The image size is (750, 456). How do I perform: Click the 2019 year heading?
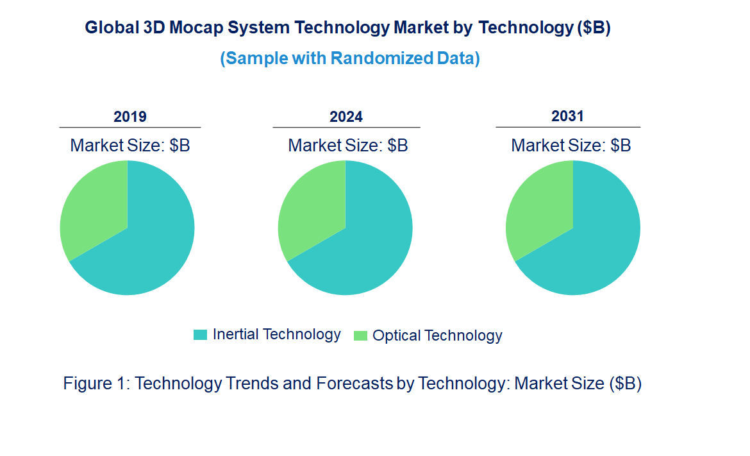[130, 117]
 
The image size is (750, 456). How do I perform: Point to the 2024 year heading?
[346, 117]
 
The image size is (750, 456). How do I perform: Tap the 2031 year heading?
[567, 116]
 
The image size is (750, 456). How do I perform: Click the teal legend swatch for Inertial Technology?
[201, 335]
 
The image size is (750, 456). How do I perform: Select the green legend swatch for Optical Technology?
[360, 335]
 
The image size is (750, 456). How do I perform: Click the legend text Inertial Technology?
[276, 334]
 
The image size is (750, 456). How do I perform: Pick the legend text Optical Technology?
[437, 335]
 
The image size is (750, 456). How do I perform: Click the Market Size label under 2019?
[130, 146]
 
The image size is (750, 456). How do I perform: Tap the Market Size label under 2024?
[348, 146]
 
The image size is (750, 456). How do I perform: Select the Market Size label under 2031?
[571, 146]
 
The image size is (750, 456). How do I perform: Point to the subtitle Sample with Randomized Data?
[350, 58]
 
